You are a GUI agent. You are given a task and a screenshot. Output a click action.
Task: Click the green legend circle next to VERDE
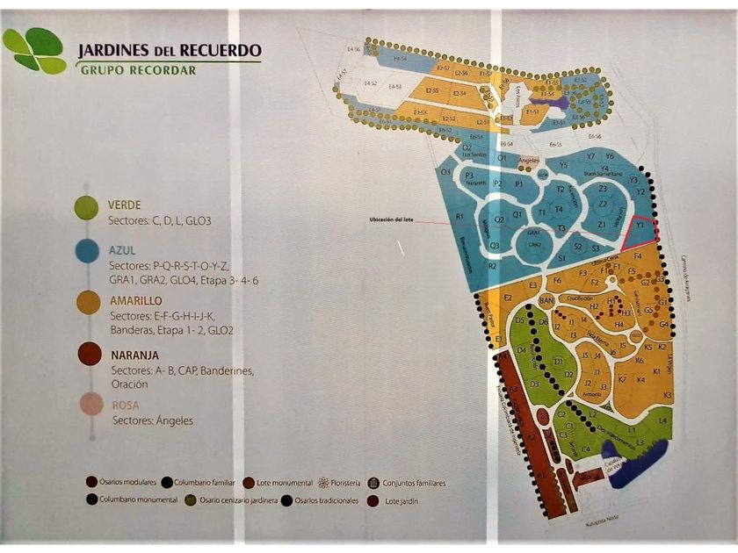coord(86,208)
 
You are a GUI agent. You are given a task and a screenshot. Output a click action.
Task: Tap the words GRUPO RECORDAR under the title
coord(138,69)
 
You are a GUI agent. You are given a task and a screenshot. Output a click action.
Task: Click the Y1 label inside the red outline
coord(640,226)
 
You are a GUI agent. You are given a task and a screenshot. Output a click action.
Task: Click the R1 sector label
coord(459,216)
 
